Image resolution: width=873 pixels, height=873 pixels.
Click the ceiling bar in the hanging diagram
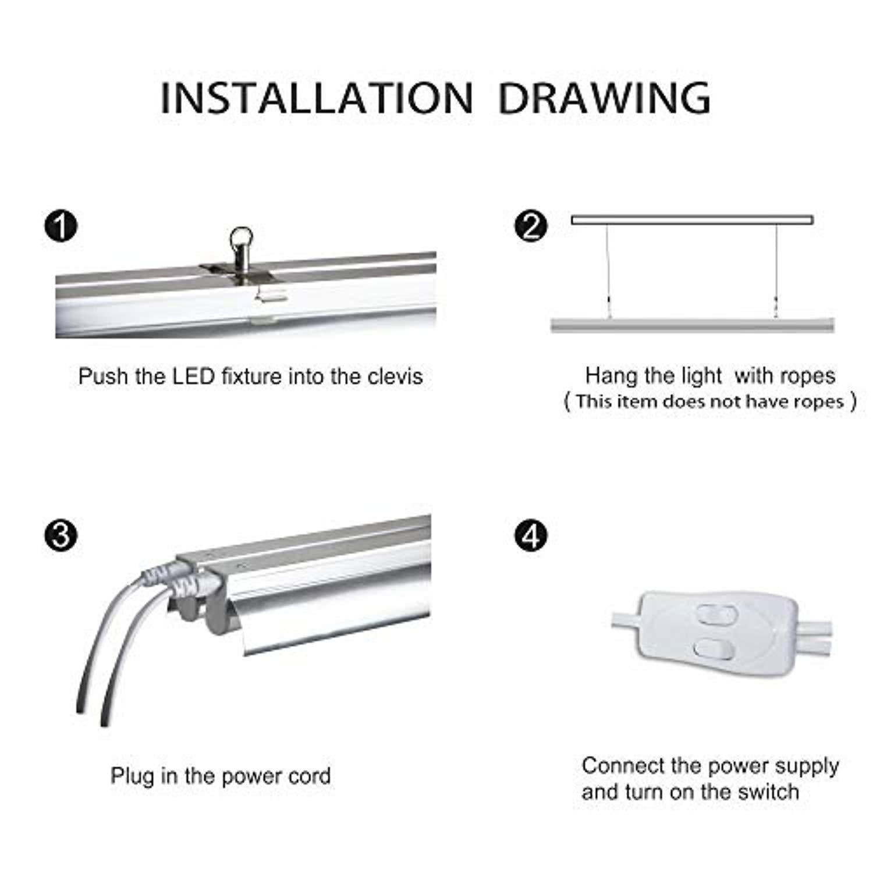click(693, 220)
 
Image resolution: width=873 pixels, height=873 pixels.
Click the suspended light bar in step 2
click(693, 325)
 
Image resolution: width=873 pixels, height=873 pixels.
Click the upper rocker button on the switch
click(711, 614)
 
